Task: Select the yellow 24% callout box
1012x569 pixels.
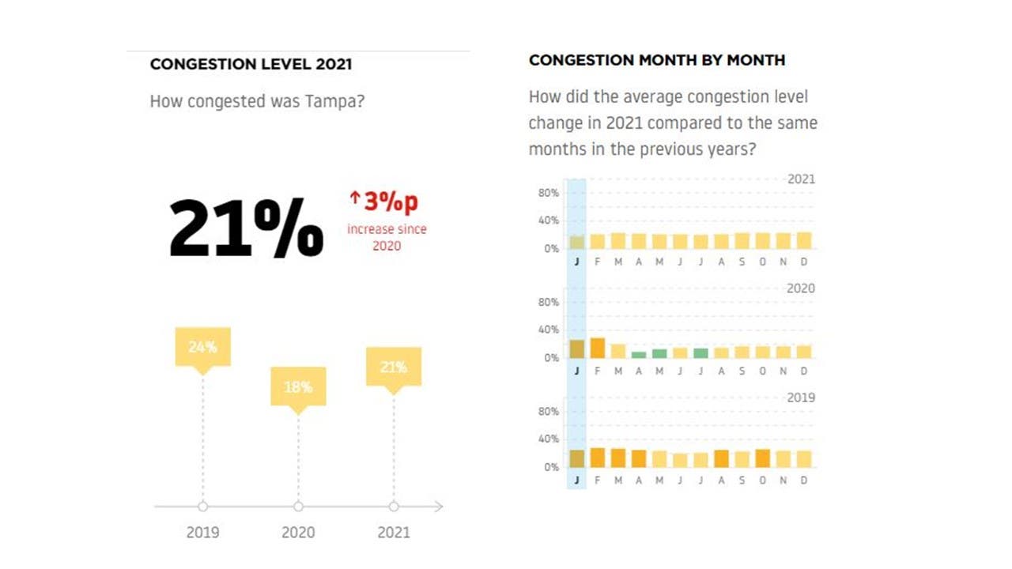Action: click(x=202, y=347)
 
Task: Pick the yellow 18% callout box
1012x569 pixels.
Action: click(x=298, y=386)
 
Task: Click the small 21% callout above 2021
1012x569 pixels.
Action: click(x=393, y=367)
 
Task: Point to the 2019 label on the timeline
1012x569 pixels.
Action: click(x=202, y=532)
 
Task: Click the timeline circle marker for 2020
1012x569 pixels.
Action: click(x=298, y=507)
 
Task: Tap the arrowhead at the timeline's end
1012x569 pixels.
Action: click(x=439, y=507)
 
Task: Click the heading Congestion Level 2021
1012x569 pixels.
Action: click(x=251, y=64)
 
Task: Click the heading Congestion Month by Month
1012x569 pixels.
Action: click(x=656, y=60)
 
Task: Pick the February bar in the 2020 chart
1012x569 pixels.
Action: click(x=598, y=348)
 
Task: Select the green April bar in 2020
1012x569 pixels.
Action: click(x=639, y=355)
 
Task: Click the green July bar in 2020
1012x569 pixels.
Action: click(x=700, y=353)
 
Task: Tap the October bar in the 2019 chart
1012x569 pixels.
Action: click(x=762, y=458)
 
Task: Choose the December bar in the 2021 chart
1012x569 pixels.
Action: click(x=804, y=240)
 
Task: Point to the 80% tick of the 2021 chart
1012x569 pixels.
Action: click(x=549, y=193)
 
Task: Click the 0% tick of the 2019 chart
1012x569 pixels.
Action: click(x=551, y=467)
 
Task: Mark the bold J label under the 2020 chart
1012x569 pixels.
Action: click(x=576, y=371)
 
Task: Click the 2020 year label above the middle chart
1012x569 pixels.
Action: click(x=800, y=288)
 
